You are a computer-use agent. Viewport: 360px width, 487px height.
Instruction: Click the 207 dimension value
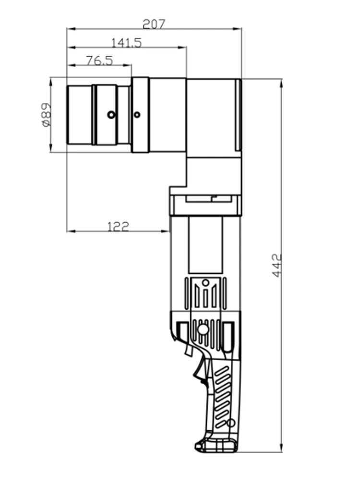pyautogui.click(x=154, y=24)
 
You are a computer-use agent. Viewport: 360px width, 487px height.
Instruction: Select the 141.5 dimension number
pyautogui.click(x=126, y=43)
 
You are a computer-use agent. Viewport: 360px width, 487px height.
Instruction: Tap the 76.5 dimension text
pyautogui.click(x=99, y=61)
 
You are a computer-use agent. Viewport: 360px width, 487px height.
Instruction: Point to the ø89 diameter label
pyautogui.click(x=46, y=115)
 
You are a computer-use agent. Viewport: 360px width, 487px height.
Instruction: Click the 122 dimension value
pyautogui.click(x=118, y=227)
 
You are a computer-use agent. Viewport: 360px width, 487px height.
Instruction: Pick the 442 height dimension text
pyautogui.click(x=276, y=265)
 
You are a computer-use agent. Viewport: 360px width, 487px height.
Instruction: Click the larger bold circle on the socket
pyautogui.click(x=111, y=115)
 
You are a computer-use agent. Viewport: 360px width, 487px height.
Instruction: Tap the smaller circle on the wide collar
pyautogui.click(x=137, y=115)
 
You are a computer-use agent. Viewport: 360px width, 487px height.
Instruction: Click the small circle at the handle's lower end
pyautogui.click(x=230, y=422)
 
